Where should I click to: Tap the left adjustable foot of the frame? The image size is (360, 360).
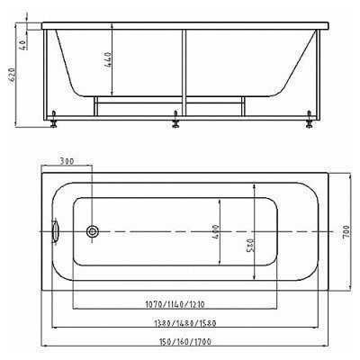tap(57, 117)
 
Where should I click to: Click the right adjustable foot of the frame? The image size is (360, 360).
tap(310, 117)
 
